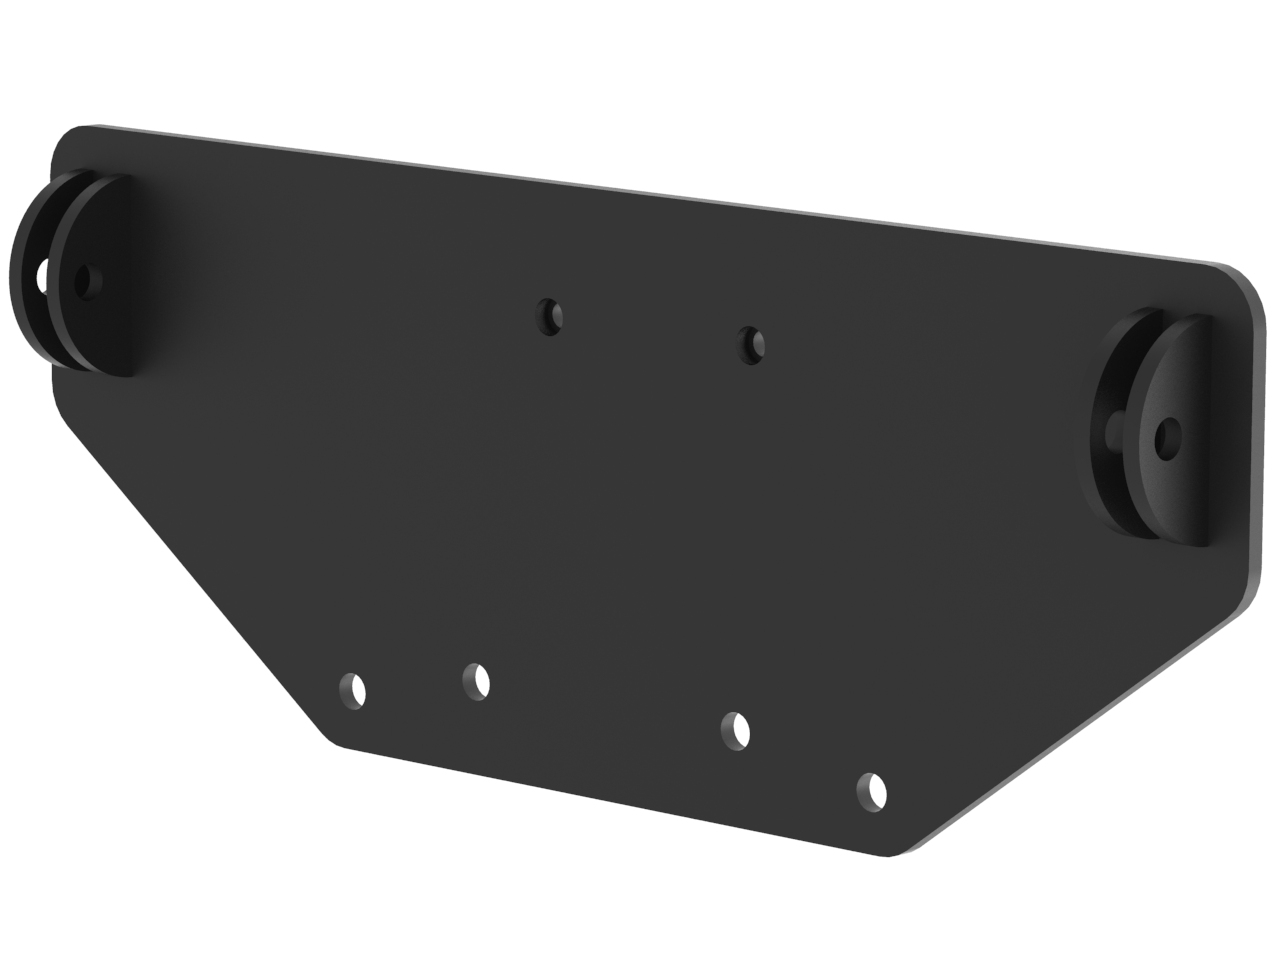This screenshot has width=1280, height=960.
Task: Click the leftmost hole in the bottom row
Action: tap(353, 690)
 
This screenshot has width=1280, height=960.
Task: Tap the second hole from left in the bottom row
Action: tap(476, 681)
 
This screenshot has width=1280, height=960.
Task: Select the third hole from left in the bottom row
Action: tap(736, 730)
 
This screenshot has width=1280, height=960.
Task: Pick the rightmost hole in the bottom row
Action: tap(872, 791)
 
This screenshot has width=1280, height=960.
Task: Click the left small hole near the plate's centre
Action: tap(549, 317)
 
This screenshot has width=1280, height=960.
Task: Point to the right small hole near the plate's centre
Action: tap(750, 345)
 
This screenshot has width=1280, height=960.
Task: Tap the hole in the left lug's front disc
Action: tap(88, 281)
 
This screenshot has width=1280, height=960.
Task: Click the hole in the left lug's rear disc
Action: tap(41, 274)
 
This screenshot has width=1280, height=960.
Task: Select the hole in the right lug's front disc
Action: tap(1166, 437)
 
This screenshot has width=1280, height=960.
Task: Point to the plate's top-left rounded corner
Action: tap(70, 140)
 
